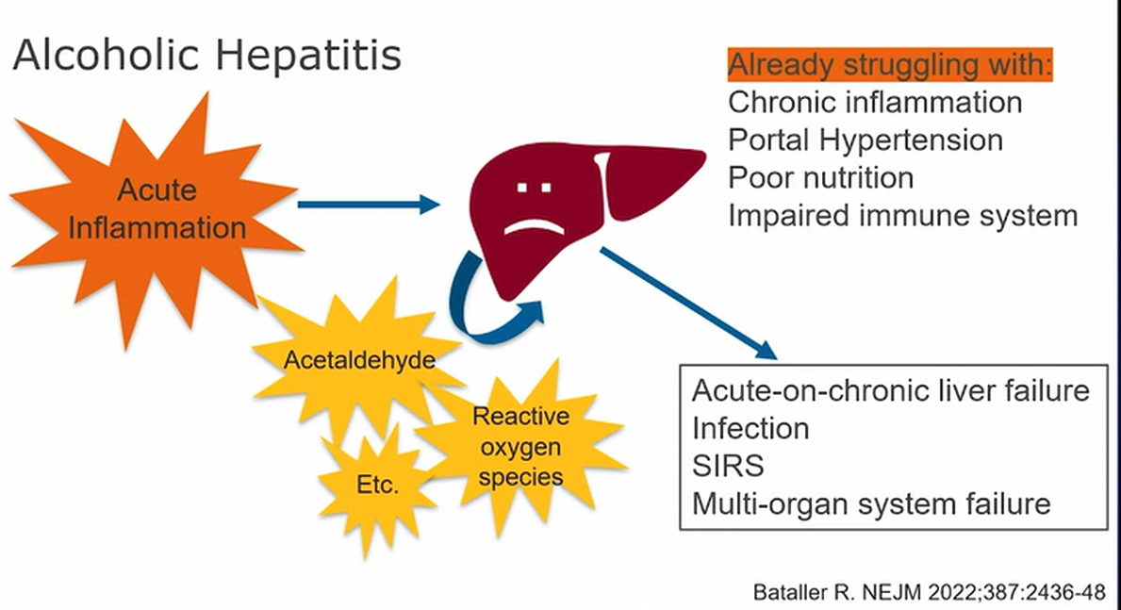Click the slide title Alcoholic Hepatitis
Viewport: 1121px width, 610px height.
point(206,56)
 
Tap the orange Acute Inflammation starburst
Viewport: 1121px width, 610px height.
point(157,208)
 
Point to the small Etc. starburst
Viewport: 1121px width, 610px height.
point(378,486)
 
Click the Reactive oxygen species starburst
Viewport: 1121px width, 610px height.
point(520,446)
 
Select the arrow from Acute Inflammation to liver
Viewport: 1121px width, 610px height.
point(368,203)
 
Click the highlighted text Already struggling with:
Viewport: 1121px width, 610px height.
point(890,66)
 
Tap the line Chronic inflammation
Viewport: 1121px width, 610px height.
point(875,102)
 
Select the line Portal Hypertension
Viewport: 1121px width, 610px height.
point(865,140)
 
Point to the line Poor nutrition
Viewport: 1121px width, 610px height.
point(820,177)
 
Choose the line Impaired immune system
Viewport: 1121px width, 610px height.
point(902,215)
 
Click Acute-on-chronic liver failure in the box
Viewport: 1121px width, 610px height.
point(891,390)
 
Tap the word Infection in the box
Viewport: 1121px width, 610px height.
point(750,428)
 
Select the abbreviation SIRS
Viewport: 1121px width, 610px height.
point(728,466)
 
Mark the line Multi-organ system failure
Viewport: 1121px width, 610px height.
point(871,503)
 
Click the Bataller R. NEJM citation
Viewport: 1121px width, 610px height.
point(928,593)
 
